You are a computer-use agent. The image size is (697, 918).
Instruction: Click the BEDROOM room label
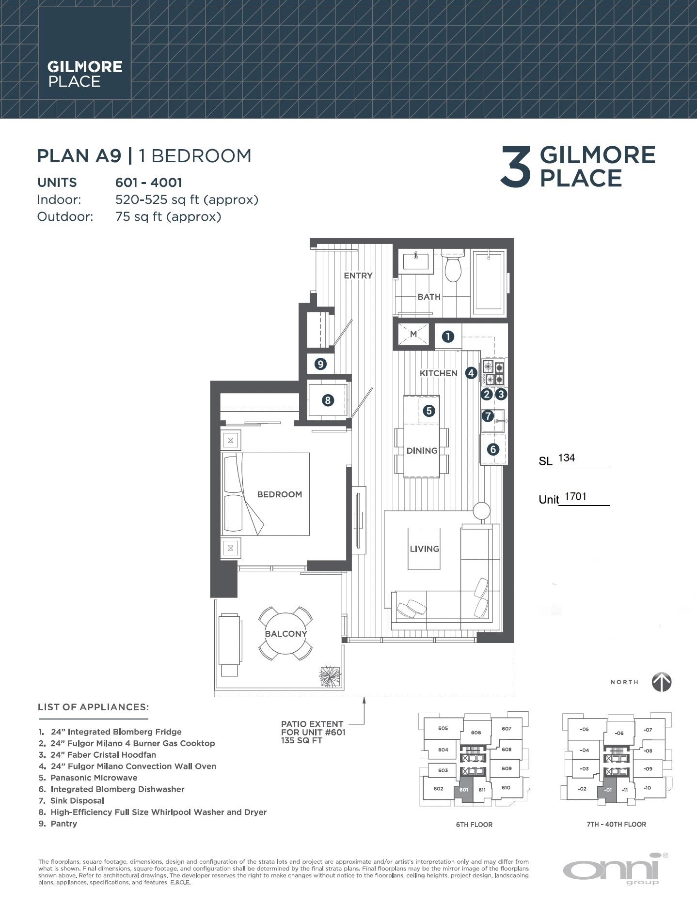coord(279,494)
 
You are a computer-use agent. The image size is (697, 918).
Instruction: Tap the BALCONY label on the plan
coord(286,634)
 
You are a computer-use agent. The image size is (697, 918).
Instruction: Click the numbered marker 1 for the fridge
coord(447,336)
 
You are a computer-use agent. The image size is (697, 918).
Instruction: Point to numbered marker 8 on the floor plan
coord(328,400)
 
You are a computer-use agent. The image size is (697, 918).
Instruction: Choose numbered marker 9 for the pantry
coord(320,364)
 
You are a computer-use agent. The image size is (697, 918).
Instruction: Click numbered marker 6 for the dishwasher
coord(493,449)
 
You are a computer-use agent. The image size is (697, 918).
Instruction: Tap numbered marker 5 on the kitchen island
coord(429,411)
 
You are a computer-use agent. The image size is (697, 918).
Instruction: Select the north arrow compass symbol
coord(661,682)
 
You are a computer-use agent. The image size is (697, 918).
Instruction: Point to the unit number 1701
coord(575,497)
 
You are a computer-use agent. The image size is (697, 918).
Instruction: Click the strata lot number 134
coord(566,458)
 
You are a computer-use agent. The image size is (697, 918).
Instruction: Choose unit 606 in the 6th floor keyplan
coord(475,733)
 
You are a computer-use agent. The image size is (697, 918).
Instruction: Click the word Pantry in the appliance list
coord(63,824)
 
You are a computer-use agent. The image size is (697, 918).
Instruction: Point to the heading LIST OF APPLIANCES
coord(93,707)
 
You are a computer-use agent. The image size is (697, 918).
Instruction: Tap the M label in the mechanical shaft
coord(413,334)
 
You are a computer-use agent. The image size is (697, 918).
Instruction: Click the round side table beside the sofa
coord(482,512)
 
